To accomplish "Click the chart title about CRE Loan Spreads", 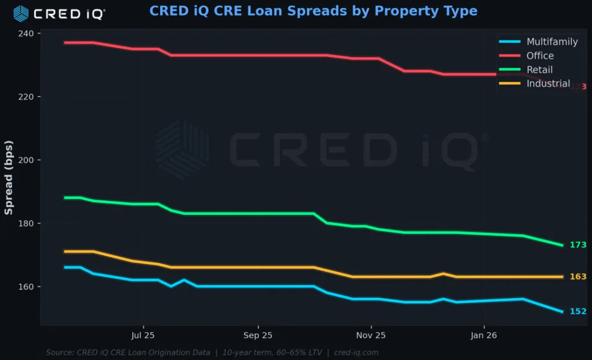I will click(313, 11).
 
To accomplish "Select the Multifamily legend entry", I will click(552, 42).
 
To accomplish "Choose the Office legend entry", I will click(539, 55).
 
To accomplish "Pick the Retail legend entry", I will click(539, 70).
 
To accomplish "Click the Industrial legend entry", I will click(547, 84).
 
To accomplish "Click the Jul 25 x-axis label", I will click(143, 335).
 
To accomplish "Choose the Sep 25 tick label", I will click(257, 335).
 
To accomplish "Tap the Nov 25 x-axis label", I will click(371, 335).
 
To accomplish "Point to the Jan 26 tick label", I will click(483, 335).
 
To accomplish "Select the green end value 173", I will click(578, 245).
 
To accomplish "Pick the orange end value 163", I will click(578, 277).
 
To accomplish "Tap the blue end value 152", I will click(578, 311).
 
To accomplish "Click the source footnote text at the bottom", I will click(212, 352).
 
